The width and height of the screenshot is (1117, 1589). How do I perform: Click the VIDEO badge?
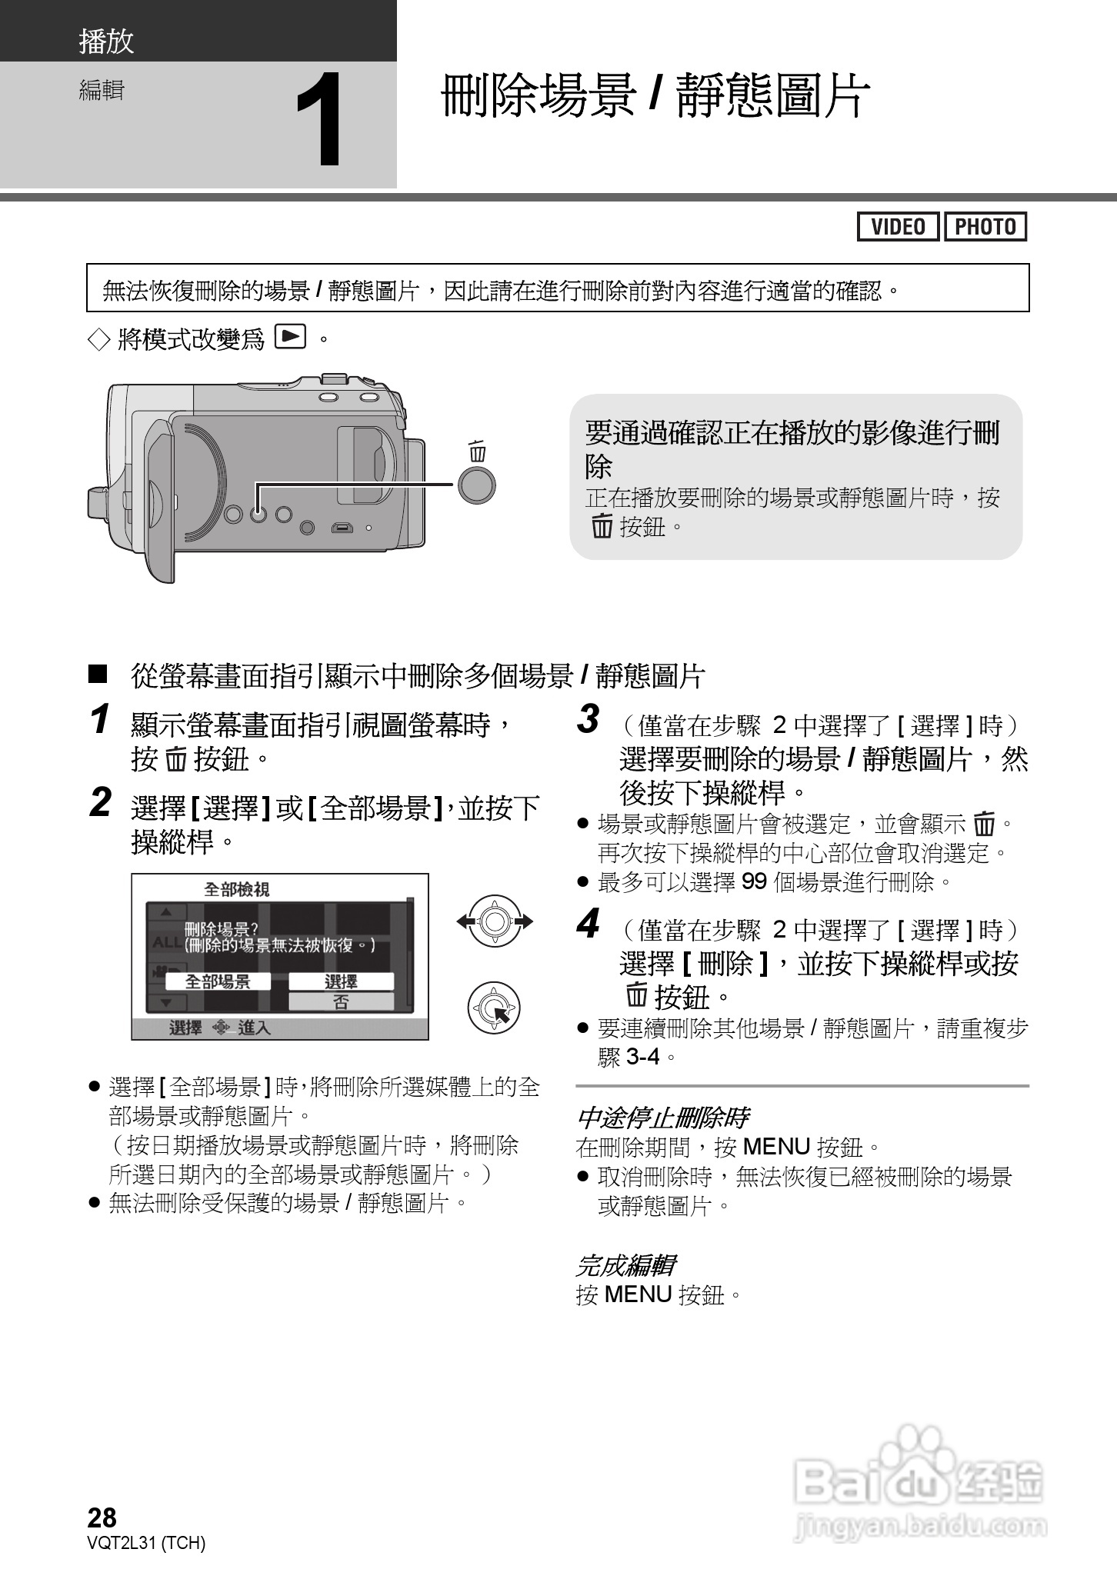point(898,227)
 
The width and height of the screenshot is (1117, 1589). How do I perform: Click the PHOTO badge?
point(985,227)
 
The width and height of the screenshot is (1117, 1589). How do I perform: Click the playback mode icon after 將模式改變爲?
point(290,337)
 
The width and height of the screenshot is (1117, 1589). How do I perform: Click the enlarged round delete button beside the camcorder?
point(476,485)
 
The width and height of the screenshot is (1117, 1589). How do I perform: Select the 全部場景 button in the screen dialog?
point(218,981)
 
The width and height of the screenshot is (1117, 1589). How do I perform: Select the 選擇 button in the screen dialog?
point(341,981)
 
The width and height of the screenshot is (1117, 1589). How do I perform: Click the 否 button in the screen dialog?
point(341,1001)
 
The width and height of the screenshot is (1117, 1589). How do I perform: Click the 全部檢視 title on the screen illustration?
point(236,890)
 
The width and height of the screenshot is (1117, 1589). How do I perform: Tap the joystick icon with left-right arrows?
point(495,921)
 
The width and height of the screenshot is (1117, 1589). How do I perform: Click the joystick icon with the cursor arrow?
point(494,1008)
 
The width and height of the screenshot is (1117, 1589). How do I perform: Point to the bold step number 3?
point(588,720)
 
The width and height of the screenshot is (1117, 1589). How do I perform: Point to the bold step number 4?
point(588,924)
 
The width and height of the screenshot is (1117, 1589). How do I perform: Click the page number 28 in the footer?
point(102,1517)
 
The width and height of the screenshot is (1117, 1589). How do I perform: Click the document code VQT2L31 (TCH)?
point(147,1543)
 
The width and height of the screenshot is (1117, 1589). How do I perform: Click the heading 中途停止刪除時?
point(662,1118)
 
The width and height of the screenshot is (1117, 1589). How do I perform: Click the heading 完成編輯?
point(625,1265)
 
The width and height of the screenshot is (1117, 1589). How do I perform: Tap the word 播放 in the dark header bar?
point(106,42)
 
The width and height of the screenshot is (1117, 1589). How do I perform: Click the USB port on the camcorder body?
point(342,528)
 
